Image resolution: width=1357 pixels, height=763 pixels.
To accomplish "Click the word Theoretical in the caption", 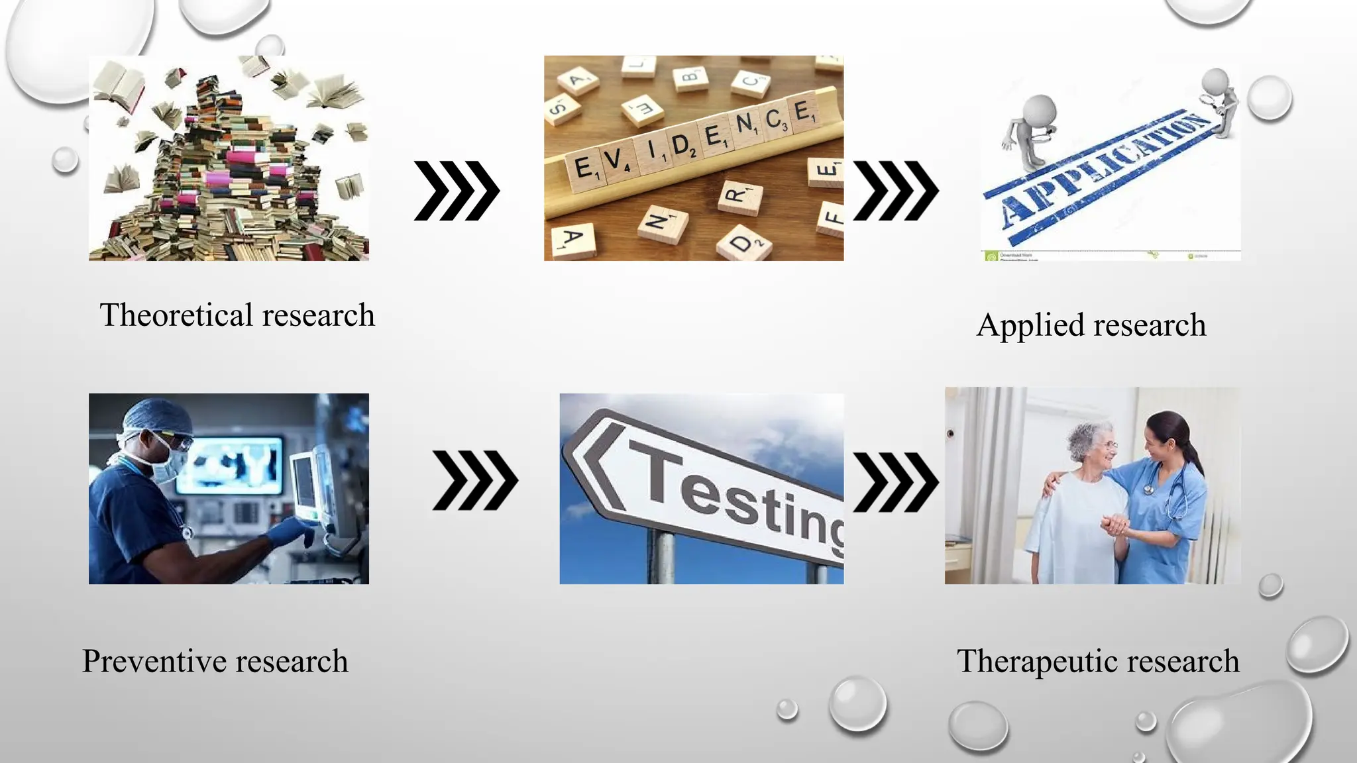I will [x=176, y=315].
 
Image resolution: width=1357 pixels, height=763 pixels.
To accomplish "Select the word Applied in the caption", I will [x=1029, y=325].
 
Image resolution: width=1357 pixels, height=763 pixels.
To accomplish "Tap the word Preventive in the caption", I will [x=154, y=661].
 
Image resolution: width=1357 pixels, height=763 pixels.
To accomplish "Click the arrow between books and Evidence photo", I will [x=457, y=191].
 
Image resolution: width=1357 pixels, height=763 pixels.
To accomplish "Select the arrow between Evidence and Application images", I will [x=895, y=191].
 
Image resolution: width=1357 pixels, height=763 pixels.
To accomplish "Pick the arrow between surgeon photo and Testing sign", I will [x=474, y=480].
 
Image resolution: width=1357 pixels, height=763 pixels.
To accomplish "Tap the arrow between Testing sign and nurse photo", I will [x=895, y=482].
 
